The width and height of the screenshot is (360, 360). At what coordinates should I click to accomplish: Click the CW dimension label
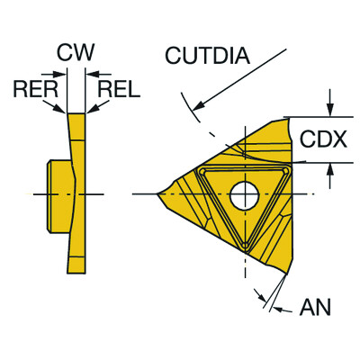(x=76, y=53)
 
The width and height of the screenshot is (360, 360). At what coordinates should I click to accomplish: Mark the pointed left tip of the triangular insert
(x=157, y=193)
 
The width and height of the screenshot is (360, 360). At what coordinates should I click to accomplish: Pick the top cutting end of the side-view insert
(x=76, y=115)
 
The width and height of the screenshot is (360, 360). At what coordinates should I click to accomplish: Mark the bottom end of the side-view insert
(x=77, y=270)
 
